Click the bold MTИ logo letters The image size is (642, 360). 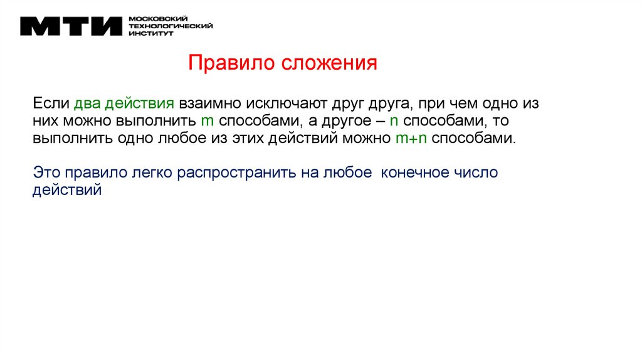tap(70, 27)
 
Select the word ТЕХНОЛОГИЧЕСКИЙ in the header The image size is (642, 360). tap(170, 26)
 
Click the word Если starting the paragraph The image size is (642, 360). tap(51, 102)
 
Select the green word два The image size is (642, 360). tap(88, 102)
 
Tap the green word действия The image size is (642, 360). tap(139, 102)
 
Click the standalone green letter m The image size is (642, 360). tap(204, 120)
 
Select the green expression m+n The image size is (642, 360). tap(411, 139)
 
